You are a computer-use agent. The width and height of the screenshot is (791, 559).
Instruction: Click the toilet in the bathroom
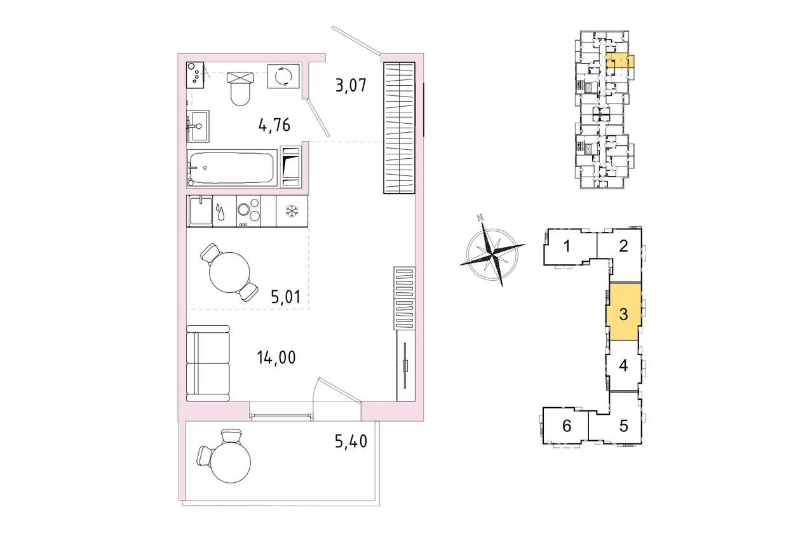click(240, 88)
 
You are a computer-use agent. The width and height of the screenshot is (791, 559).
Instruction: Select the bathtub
click(232, 168)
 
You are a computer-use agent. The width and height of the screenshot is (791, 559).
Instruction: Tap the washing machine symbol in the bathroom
click(283, 76)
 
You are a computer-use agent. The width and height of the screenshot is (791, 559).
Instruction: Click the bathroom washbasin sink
click(198, 126)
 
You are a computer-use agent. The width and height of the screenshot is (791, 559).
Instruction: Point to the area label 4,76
click(274, 125)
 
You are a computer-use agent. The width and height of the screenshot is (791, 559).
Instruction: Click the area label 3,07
click(351, 86)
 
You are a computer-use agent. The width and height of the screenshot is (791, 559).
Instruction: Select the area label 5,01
click(286, 297)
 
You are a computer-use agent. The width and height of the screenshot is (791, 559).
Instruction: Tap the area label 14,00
click(276, 358)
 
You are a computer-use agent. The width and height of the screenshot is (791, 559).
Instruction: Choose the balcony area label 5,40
click(351, 441)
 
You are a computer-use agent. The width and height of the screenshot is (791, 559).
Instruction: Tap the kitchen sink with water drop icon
click(211, 212)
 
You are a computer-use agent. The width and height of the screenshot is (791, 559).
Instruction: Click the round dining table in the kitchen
click(229, 273)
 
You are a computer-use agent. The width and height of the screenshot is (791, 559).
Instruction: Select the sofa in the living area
click(208, 364)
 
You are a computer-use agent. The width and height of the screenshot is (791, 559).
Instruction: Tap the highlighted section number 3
click(624, 314)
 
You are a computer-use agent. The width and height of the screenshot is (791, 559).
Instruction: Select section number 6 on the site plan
click(567, 426)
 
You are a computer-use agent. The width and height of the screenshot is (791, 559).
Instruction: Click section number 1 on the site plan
click(567, 246)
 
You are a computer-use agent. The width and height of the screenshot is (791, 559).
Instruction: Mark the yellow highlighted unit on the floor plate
click(619, 61)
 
